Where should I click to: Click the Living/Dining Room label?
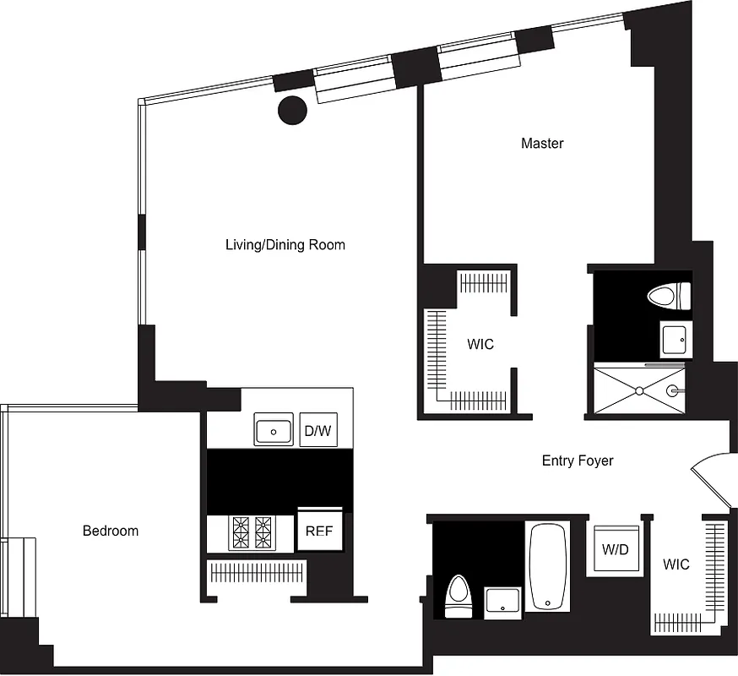pyautogui.click(x=285, y=245)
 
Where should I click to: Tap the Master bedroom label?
pyautogui.click(x=542, y=144)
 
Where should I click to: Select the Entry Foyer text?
pyautogui.click(x=578, y=461)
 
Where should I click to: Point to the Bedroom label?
pyautogui.click(x=110, y=531)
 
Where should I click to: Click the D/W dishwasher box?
pyautogui.click(x=317, y=431)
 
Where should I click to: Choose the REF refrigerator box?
pyautogui.click(x=319, y=532)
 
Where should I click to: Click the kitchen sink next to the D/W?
pyautogui.click(x=274, y=431)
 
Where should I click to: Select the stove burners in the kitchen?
pyautogui.click(x=252, y=532)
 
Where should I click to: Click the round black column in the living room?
pyautogui.click(x=292, y=109)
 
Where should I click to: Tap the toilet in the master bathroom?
pyautogui.click(x=668, y=297)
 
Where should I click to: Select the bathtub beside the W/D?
pyautogui.click(x=547, y=564)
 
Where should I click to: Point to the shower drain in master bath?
pyautogui.click(x=639, y=390)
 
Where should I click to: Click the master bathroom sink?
pyautogui.click(x=675, y=340)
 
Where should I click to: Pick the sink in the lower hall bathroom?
pyautogui.click(x=504, y=601)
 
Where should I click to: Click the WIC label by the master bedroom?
pyautogui.click(x=480, y=345)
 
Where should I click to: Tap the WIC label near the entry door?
pyautogui.click(x=676, y=564)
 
